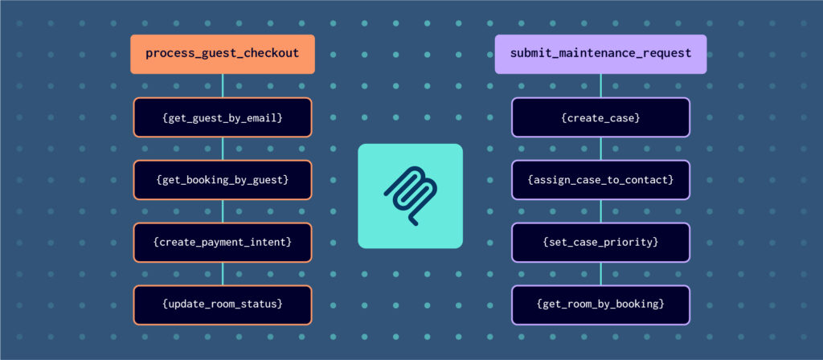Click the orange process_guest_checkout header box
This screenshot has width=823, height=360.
tap(223, 54)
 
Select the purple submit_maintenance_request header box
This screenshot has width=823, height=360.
tap(600, 54)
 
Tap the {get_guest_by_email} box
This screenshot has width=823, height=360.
tap(223, 117)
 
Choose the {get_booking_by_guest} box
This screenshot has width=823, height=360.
tap(223, 180)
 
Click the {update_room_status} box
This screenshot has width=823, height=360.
tap(223, 305)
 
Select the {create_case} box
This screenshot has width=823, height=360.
tap(600, 117)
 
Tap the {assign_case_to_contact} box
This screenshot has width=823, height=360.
tap(600, 180)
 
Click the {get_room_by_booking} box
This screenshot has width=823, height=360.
tap(600, 305)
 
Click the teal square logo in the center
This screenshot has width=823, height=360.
tap(410, 195)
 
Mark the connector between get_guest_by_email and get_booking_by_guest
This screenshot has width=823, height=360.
tap(223, 149)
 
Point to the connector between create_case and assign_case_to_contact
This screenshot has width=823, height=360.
tap(600, 149)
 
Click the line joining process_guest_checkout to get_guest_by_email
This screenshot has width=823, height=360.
tap(223, 86)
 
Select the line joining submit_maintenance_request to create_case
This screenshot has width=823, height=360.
tap(600, 86)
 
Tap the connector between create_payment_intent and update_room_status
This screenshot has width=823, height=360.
tap(223, 274)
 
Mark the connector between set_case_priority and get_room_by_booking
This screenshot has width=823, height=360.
tap(600, 274)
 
